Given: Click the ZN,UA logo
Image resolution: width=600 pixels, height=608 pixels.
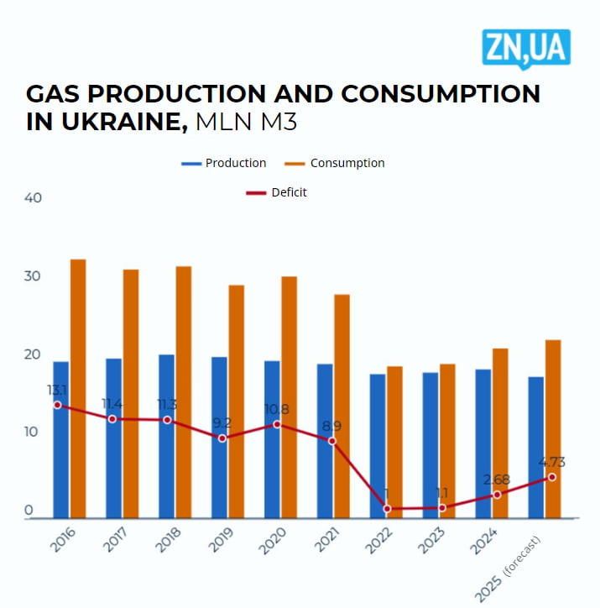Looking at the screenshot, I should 526,48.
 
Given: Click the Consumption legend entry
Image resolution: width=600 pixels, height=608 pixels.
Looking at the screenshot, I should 335,163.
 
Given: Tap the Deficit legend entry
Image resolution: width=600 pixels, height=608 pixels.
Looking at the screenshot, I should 277,192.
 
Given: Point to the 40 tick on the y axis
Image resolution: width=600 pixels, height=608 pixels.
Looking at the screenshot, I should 33,198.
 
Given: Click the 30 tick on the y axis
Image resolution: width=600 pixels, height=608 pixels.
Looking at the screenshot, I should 33,276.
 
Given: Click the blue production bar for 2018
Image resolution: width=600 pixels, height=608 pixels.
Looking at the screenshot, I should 166,436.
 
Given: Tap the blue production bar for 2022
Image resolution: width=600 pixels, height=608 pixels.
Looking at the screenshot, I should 377,446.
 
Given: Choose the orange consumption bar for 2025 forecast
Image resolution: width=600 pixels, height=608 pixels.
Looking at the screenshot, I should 553,428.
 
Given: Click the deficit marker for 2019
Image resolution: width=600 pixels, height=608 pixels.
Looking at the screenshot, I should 222,438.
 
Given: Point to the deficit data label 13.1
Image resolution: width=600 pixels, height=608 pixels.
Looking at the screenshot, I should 56,390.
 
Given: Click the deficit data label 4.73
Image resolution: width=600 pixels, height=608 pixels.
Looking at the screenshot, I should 552,461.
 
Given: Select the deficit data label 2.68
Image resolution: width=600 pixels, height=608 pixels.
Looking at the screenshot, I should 497,480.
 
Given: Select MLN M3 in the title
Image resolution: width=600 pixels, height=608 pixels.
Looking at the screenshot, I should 246,121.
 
